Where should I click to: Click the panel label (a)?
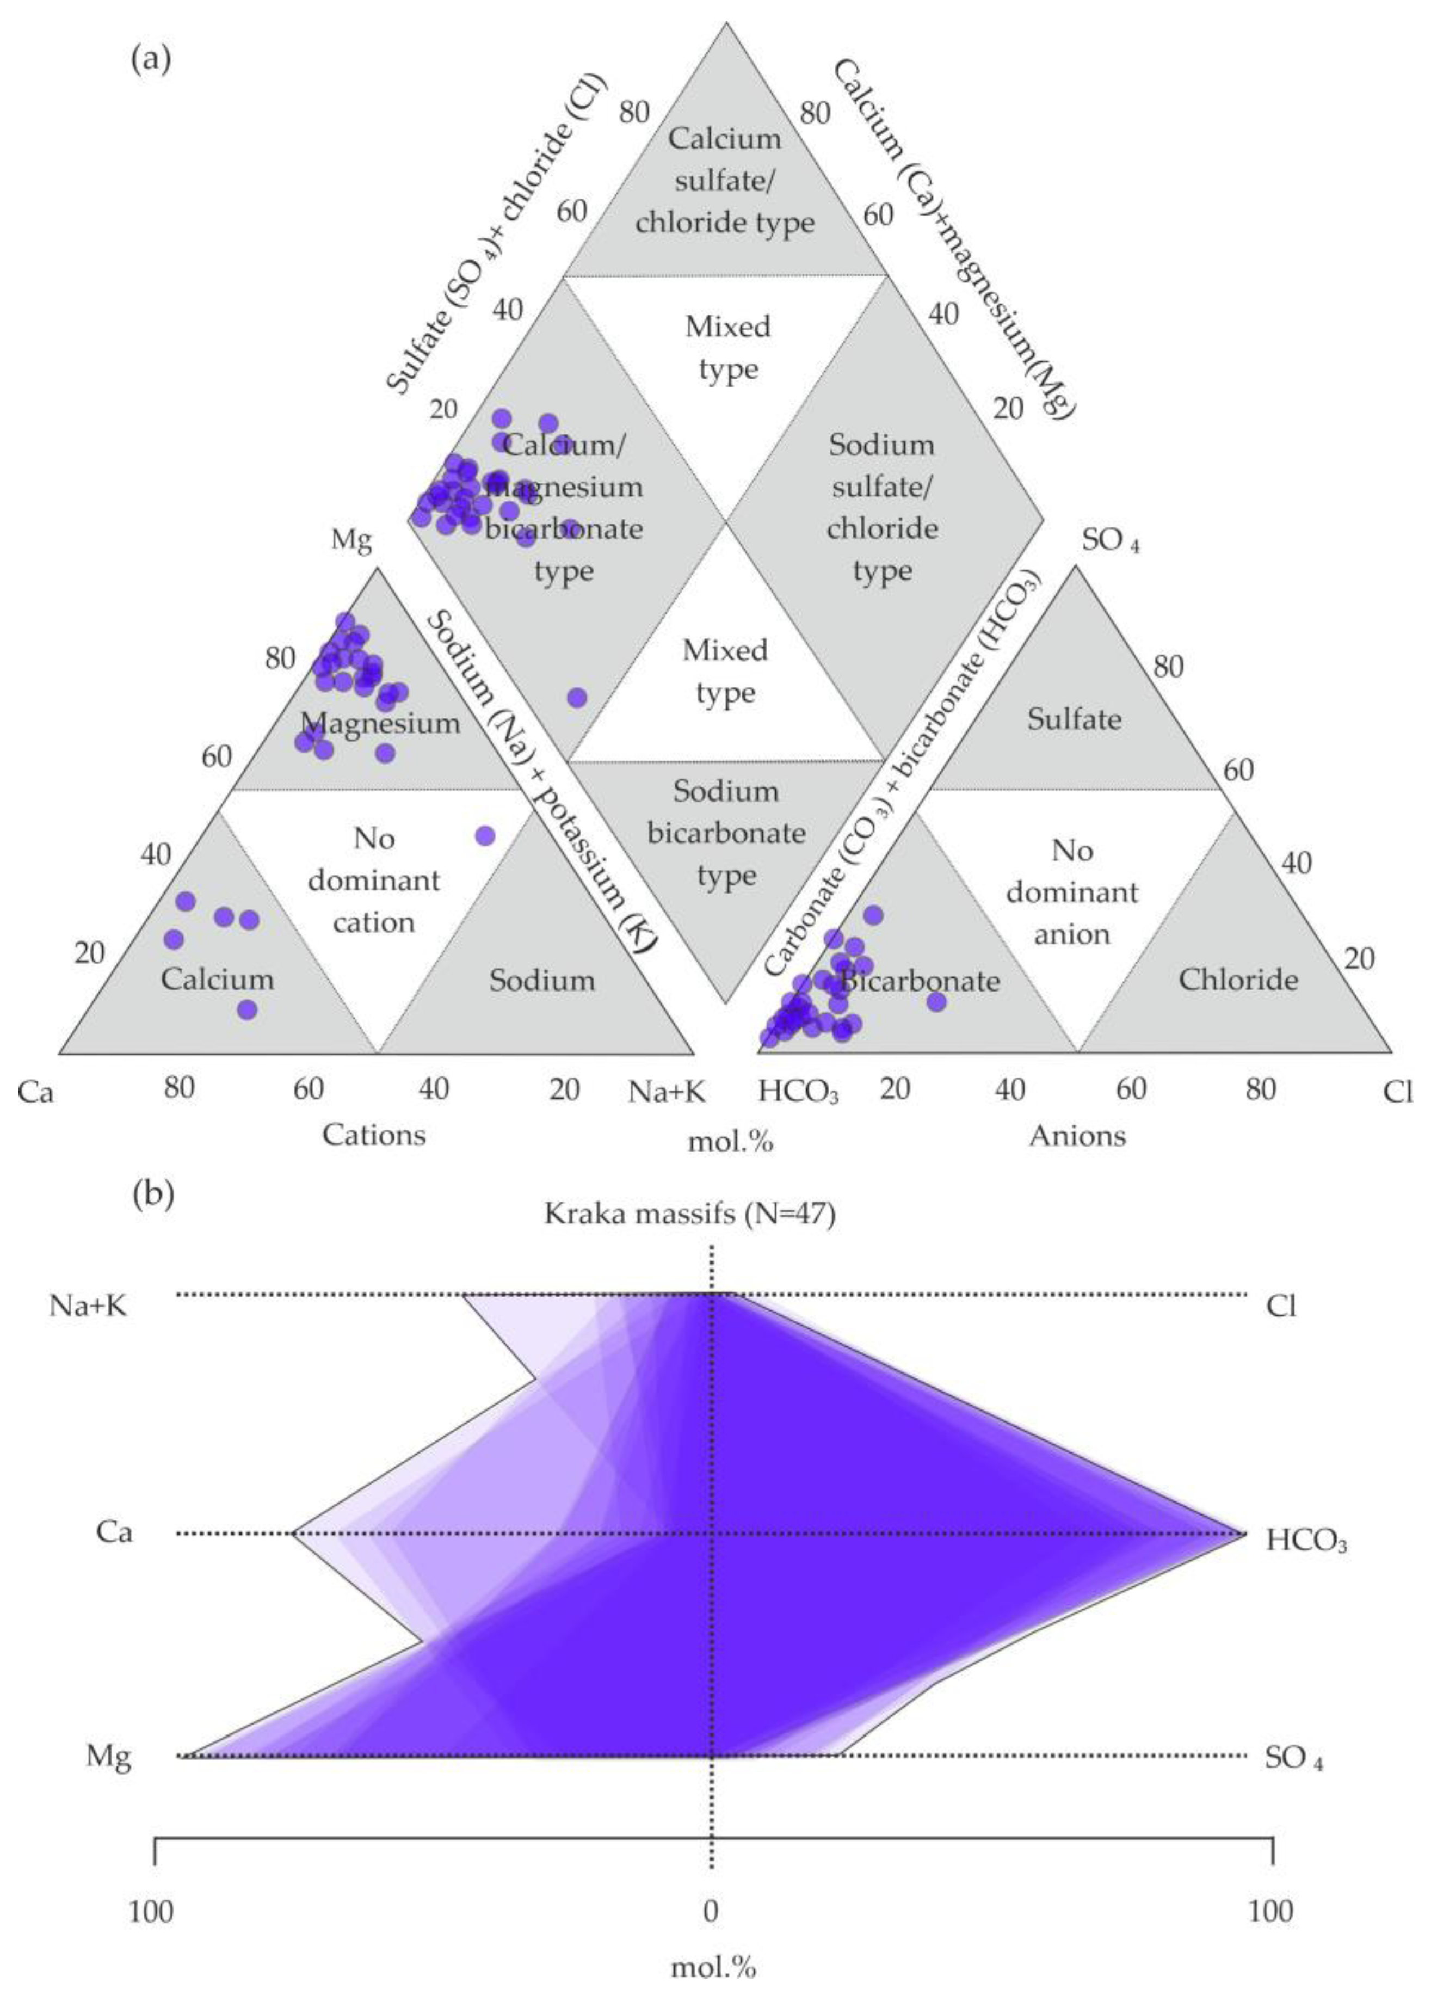pos(150,60)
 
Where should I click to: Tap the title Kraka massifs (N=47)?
pos(690,1214)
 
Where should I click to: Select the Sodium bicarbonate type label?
pos(726,833)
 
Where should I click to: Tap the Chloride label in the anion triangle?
pos(1238,979)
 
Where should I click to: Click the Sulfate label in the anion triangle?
pos(1074,719)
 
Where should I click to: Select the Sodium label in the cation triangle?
pos(542,980)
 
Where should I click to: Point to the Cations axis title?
pos(374,1134)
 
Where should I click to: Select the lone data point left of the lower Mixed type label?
pos(577,698)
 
